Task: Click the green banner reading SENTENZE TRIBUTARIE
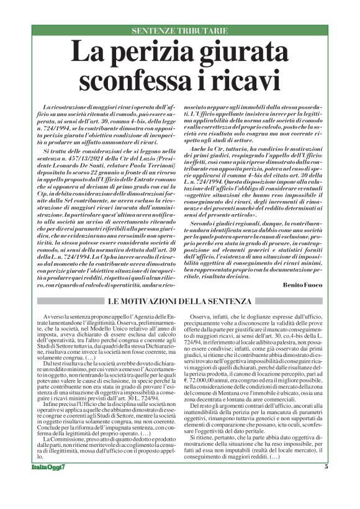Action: point(179,31)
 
